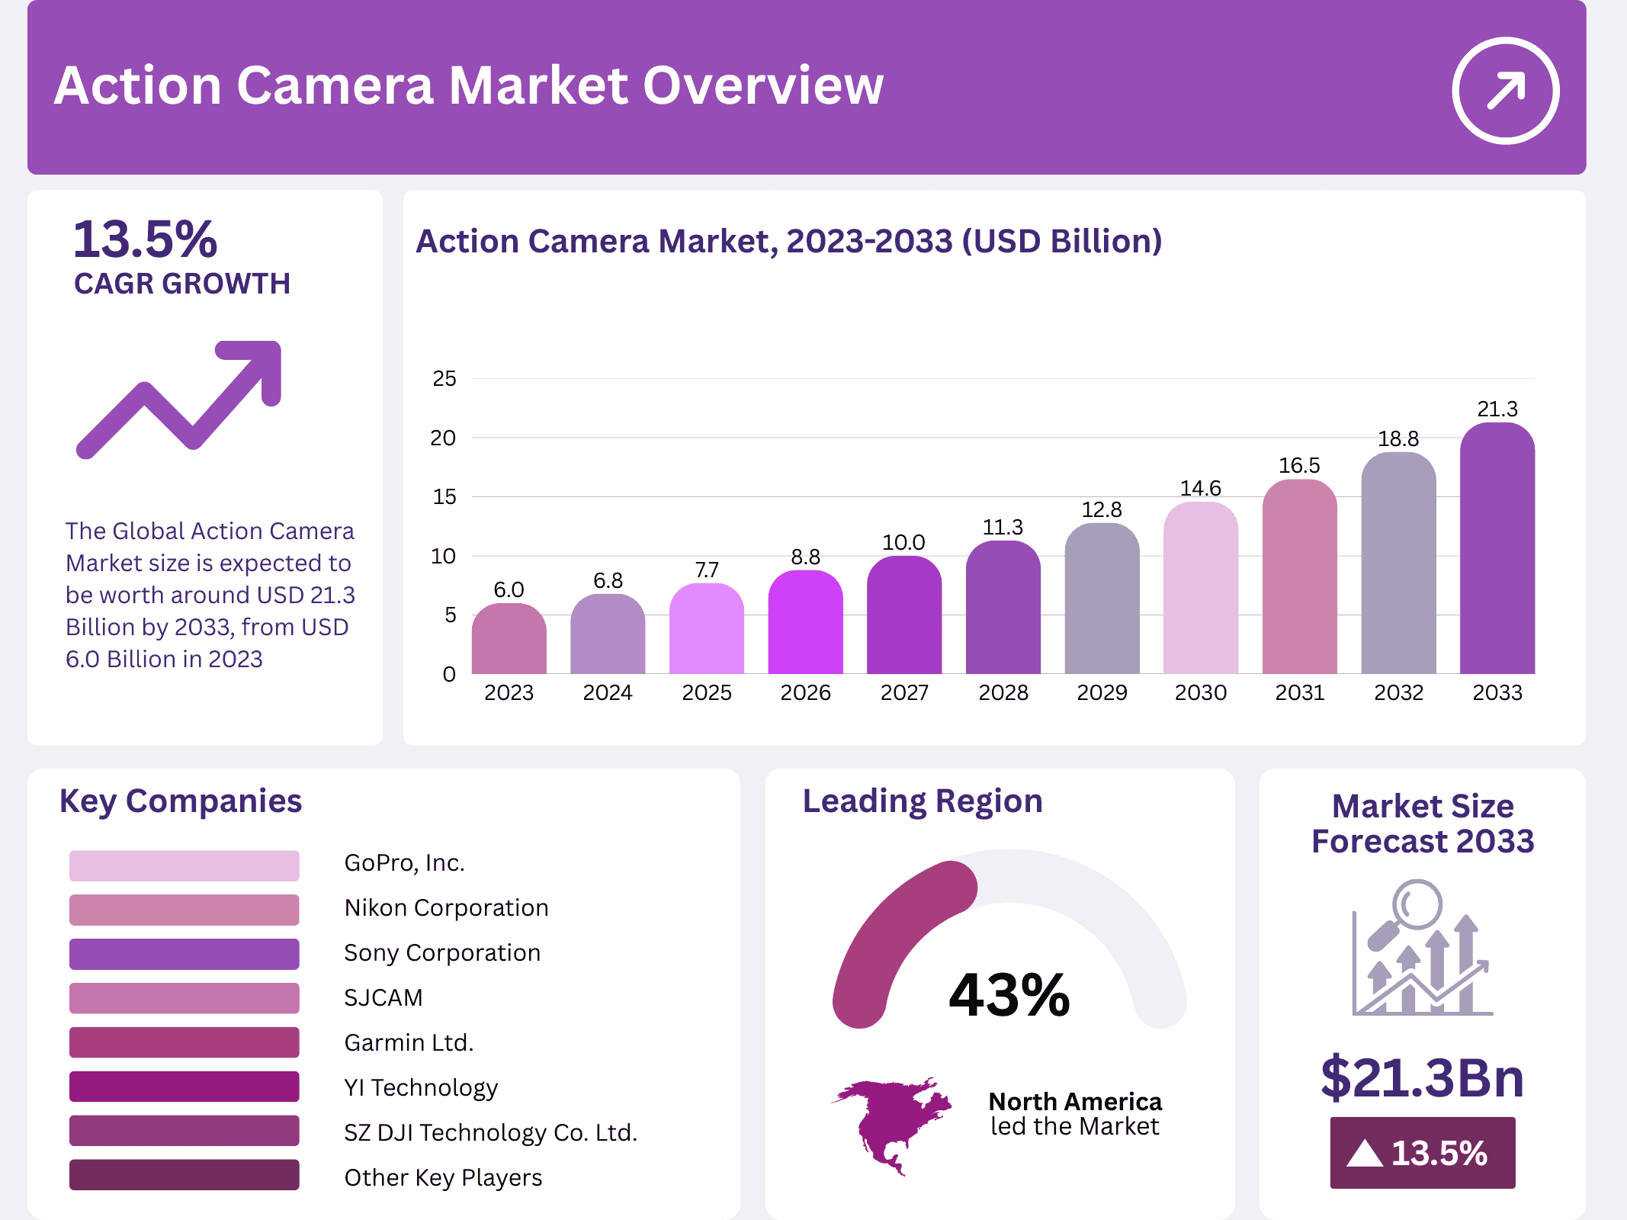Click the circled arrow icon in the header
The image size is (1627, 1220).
point(1505,90)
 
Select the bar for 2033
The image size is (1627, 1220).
point(1497,549)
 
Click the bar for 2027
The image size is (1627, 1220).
point(903,616)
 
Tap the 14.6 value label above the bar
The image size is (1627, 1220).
point(1200,488)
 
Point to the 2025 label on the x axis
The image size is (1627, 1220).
point(706,692)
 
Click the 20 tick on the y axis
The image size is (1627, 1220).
point(443,438)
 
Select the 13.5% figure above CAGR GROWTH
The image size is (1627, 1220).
point(145,239)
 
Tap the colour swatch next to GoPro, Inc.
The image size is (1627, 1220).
point(184,865)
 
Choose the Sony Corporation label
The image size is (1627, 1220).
point(442,952)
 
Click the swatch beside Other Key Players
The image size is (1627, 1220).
point(184,1175)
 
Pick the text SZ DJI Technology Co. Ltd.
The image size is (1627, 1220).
point(490,1132)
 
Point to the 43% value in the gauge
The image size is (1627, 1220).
point(1009,995)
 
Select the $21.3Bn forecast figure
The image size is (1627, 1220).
point(1422,1077)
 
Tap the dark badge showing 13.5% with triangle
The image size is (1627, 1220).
point(1422,1152)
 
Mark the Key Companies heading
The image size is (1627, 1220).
point(181,801)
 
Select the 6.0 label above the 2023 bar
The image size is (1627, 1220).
point(509,589)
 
